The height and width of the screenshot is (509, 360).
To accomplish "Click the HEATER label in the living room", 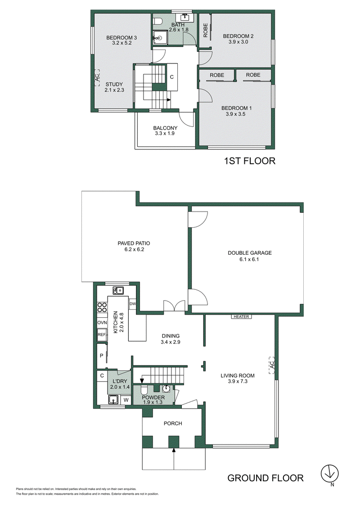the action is click(x=241, y=316).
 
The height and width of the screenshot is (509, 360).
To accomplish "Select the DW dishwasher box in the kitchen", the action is click(x=132, y=304).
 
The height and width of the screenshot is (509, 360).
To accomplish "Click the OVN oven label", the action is click(x=102, y=323).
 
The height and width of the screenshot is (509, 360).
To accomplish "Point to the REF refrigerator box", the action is click(x=102, y=335).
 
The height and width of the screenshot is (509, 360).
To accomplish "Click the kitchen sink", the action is click(x=118, y=290).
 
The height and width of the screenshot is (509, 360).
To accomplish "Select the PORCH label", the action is click(x=173, y=423).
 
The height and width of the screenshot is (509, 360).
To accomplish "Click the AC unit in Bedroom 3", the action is click(x=96, y=78).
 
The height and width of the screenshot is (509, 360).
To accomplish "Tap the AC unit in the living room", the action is click(x=272, y=365).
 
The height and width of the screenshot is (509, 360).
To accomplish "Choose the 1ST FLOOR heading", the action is click(x=250, y=161).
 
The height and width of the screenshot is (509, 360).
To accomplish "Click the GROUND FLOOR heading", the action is click(x=265, y=478).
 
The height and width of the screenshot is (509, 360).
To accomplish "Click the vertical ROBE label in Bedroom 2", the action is click(x=205, y=30).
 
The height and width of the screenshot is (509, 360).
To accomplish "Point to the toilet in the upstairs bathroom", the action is click(x=158, y=21).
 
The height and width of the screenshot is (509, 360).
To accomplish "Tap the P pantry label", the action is click(x=102, y=356).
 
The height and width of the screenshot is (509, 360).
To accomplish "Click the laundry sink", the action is click(x=113, y=400).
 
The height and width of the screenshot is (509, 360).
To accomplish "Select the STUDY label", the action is click(x=114, y=85).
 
